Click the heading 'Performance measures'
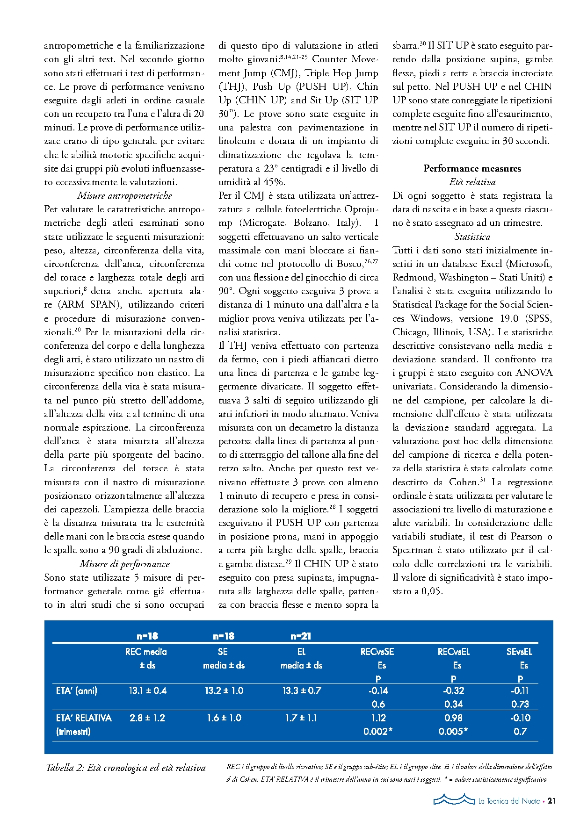[x=472, y=168]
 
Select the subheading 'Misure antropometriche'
[x=124, y=195]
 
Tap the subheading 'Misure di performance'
[x=124, y=564]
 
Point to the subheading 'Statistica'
[x=472, y=237]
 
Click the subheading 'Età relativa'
[x=472, y=182]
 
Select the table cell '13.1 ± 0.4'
[x=147, y=691]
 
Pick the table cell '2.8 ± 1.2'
[x=147, y=718]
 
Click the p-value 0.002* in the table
[x=377, y=731]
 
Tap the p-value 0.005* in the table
[x=453, y=731]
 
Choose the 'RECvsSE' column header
[x=377, y=652]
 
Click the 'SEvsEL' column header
[x=519, y=652]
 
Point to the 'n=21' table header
[x=301, y=636]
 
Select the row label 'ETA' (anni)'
[x=77, y=691]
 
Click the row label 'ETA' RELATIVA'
[x=84, y=718]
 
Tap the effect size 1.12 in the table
[x=377, y=718]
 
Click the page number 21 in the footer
[x=551, y=801]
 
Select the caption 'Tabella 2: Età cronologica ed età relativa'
[x=125, y=768]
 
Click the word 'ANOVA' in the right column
[x=534, y=373]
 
